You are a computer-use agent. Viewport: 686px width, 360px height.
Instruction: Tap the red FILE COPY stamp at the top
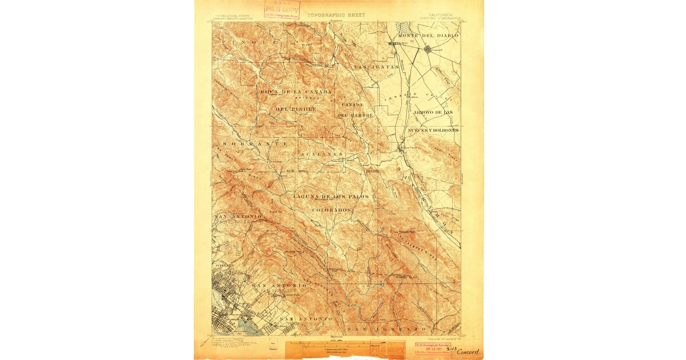coord(282,10)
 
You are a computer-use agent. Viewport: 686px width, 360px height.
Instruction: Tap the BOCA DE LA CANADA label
coord(296,92)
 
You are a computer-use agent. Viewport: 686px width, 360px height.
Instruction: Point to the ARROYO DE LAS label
coord(433,111)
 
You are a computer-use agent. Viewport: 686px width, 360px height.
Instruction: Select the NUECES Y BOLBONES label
coord(433,130)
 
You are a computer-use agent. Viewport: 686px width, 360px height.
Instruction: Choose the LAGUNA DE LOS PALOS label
coord(331,197)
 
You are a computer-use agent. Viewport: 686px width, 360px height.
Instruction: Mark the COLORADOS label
coord(332,210)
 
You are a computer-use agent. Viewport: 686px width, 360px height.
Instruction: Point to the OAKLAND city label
coord(224,266)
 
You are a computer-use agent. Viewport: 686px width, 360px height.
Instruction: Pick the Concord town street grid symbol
coord(428,50)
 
